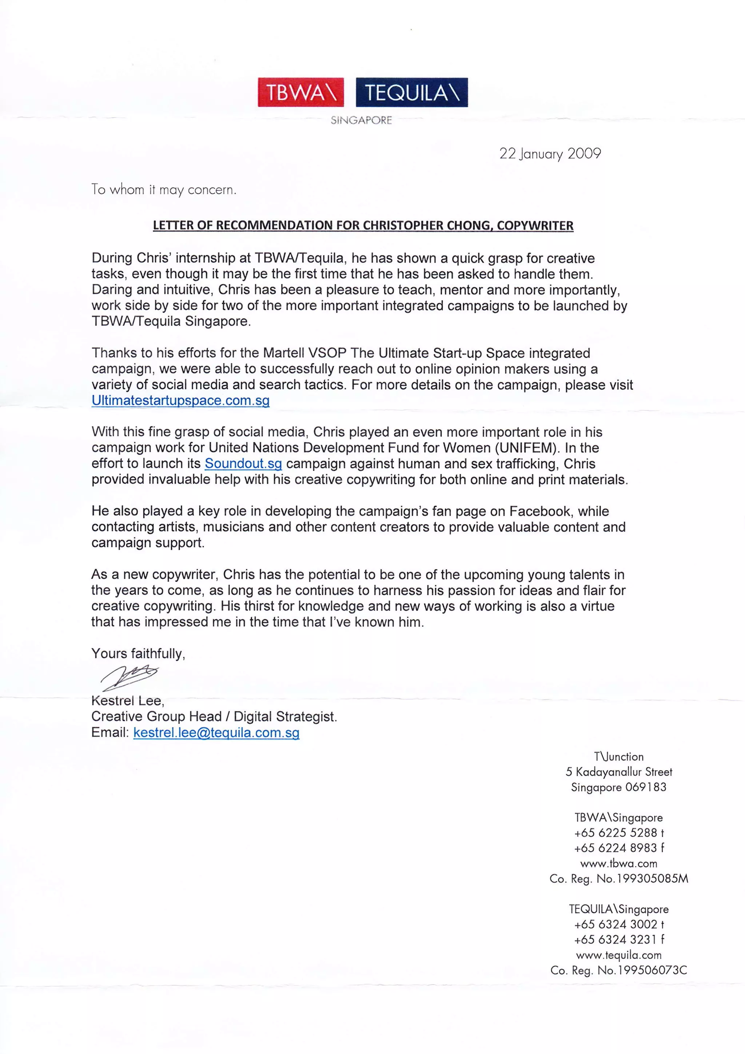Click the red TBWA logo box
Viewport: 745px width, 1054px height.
pyautogui.click(x=300, y=92)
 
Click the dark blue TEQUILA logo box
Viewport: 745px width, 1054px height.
pyautogui.click(x=411, y=92)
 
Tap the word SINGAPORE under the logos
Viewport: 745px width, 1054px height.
pyautogui.click(x=362, y=120)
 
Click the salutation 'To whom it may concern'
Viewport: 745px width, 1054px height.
pyautogui.click(x=164, y=190)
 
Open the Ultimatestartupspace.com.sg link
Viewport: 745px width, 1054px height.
pyautogui.click(x=180, y=400)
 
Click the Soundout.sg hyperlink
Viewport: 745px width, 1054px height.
pyautogui.click(x=243, y=463)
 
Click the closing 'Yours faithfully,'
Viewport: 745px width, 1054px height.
pyautogui.click(x=138, y=653)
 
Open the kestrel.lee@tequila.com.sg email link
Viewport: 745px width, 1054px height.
pyautogui.click(x=216, y=732)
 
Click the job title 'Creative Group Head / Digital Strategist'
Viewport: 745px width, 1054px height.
pyautogui.click(x=214, y=716)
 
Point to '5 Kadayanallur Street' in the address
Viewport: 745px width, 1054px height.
pyautogui.click(x=619, y=772)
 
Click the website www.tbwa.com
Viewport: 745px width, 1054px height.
pyautogui.click(x=618, y=864)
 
